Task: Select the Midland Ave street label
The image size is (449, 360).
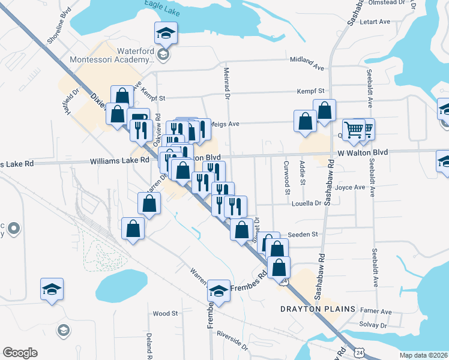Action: [306, 60]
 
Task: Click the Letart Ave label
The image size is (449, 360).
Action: [373, 22]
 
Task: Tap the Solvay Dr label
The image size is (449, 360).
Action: [375, 325]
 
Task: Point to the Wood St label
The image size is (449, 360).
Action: [165, 313]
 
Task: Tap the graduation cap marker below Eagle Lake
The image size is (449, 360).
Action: [165, 34]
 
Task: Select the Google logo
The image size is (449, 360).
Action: [20, 353]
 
